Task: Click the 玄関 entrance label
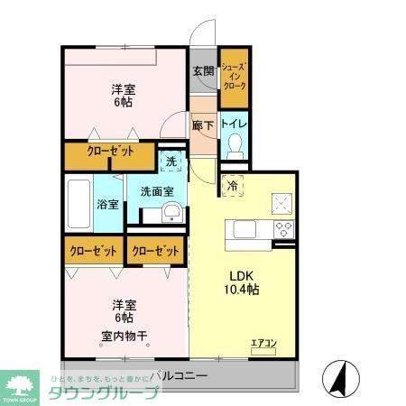[202, 72]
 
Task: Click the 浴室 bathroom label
[107, 204]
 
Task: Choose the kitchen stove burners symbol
[284, 226]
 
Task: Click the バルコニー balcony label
[180, 374]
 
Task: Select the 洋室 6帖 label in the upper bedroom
[125, 97]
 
